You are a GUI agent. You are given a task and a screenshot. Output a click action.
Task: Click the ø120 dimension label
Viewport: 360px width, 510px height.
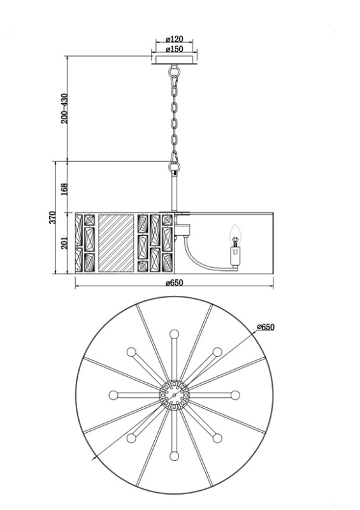pos(175,39)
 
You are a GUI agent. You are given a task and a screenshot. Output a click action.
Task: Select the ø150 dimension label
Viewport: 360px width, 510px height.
pos(175,49)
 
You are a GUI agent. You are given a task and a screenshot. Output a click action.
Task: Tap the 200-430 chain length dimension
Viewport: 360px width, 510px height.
pos(64,108)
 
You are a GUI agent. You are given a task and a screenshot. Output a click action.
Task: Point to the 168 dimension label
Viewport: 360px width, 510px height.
pos(64,189)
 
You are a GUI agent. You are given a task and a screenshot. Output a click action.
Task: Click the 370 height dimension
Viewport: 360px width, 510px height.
pos(53,217)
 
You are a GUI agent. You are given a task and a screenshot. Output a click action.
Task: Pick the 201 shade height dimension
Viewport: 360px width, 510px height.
pos(64,243)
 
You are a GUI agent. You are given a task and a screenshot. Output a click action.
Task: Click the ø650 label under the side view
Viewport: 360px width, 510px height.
pos(175,282)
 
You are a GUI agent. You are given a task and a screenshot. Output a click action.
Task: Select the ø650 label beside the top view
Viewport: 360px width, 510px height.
pos(265,327)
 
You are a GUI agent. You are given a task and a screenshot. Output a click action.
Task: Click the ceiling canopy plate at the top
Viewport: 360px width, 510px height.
pos(175,59)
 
